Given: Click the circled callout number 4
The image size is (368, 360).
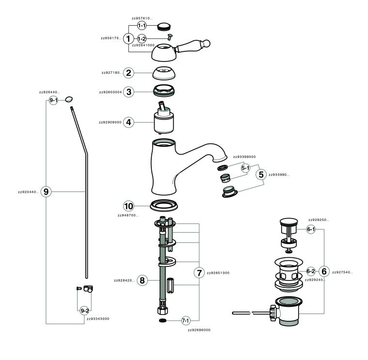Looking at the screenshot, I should [x=128, y=123].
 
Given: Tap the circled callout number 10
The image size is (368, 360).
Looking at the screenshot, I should [x=128, y=205].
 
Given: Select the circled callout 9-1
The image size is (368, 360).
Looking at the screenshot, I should [x=53, y=100].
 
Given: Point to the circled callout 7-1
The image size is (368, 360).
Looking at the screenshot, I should [x=186, y=321].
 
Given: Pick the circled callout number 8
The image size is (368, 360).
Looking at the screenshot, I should [x=142, y=280].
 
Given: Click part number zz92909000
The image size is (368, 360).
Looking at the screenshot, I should [x=110, y=123].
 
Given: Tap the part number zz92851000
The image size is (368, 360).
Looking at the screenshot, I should [x=218, y=273].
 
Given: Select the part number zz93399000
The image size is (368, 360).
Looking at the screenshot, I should [x=244, y=157].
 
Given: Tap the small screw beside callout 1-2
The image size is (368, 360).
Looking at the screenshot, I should [x=170, y=37].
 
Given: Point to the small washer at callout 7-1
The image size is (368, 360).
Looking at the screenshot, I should [x=163, y=321].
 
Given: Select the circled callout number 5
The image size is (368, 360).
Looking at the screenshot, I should [x=261, y=174].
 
